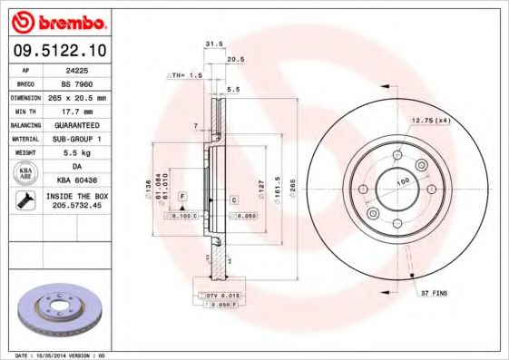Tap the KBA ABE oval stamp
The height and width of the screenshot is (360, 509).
tap(27, 173)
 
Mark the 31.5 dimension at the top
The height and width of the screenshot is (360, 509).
tap(213, 43)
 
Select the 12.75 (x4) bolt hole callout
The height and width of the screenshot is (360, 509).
tap(432, 120)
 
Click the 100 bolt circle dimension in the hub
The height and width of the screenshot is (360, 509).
tap(403, 183)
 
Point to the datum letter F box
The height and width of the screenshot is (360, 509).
tap(182, 196)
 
